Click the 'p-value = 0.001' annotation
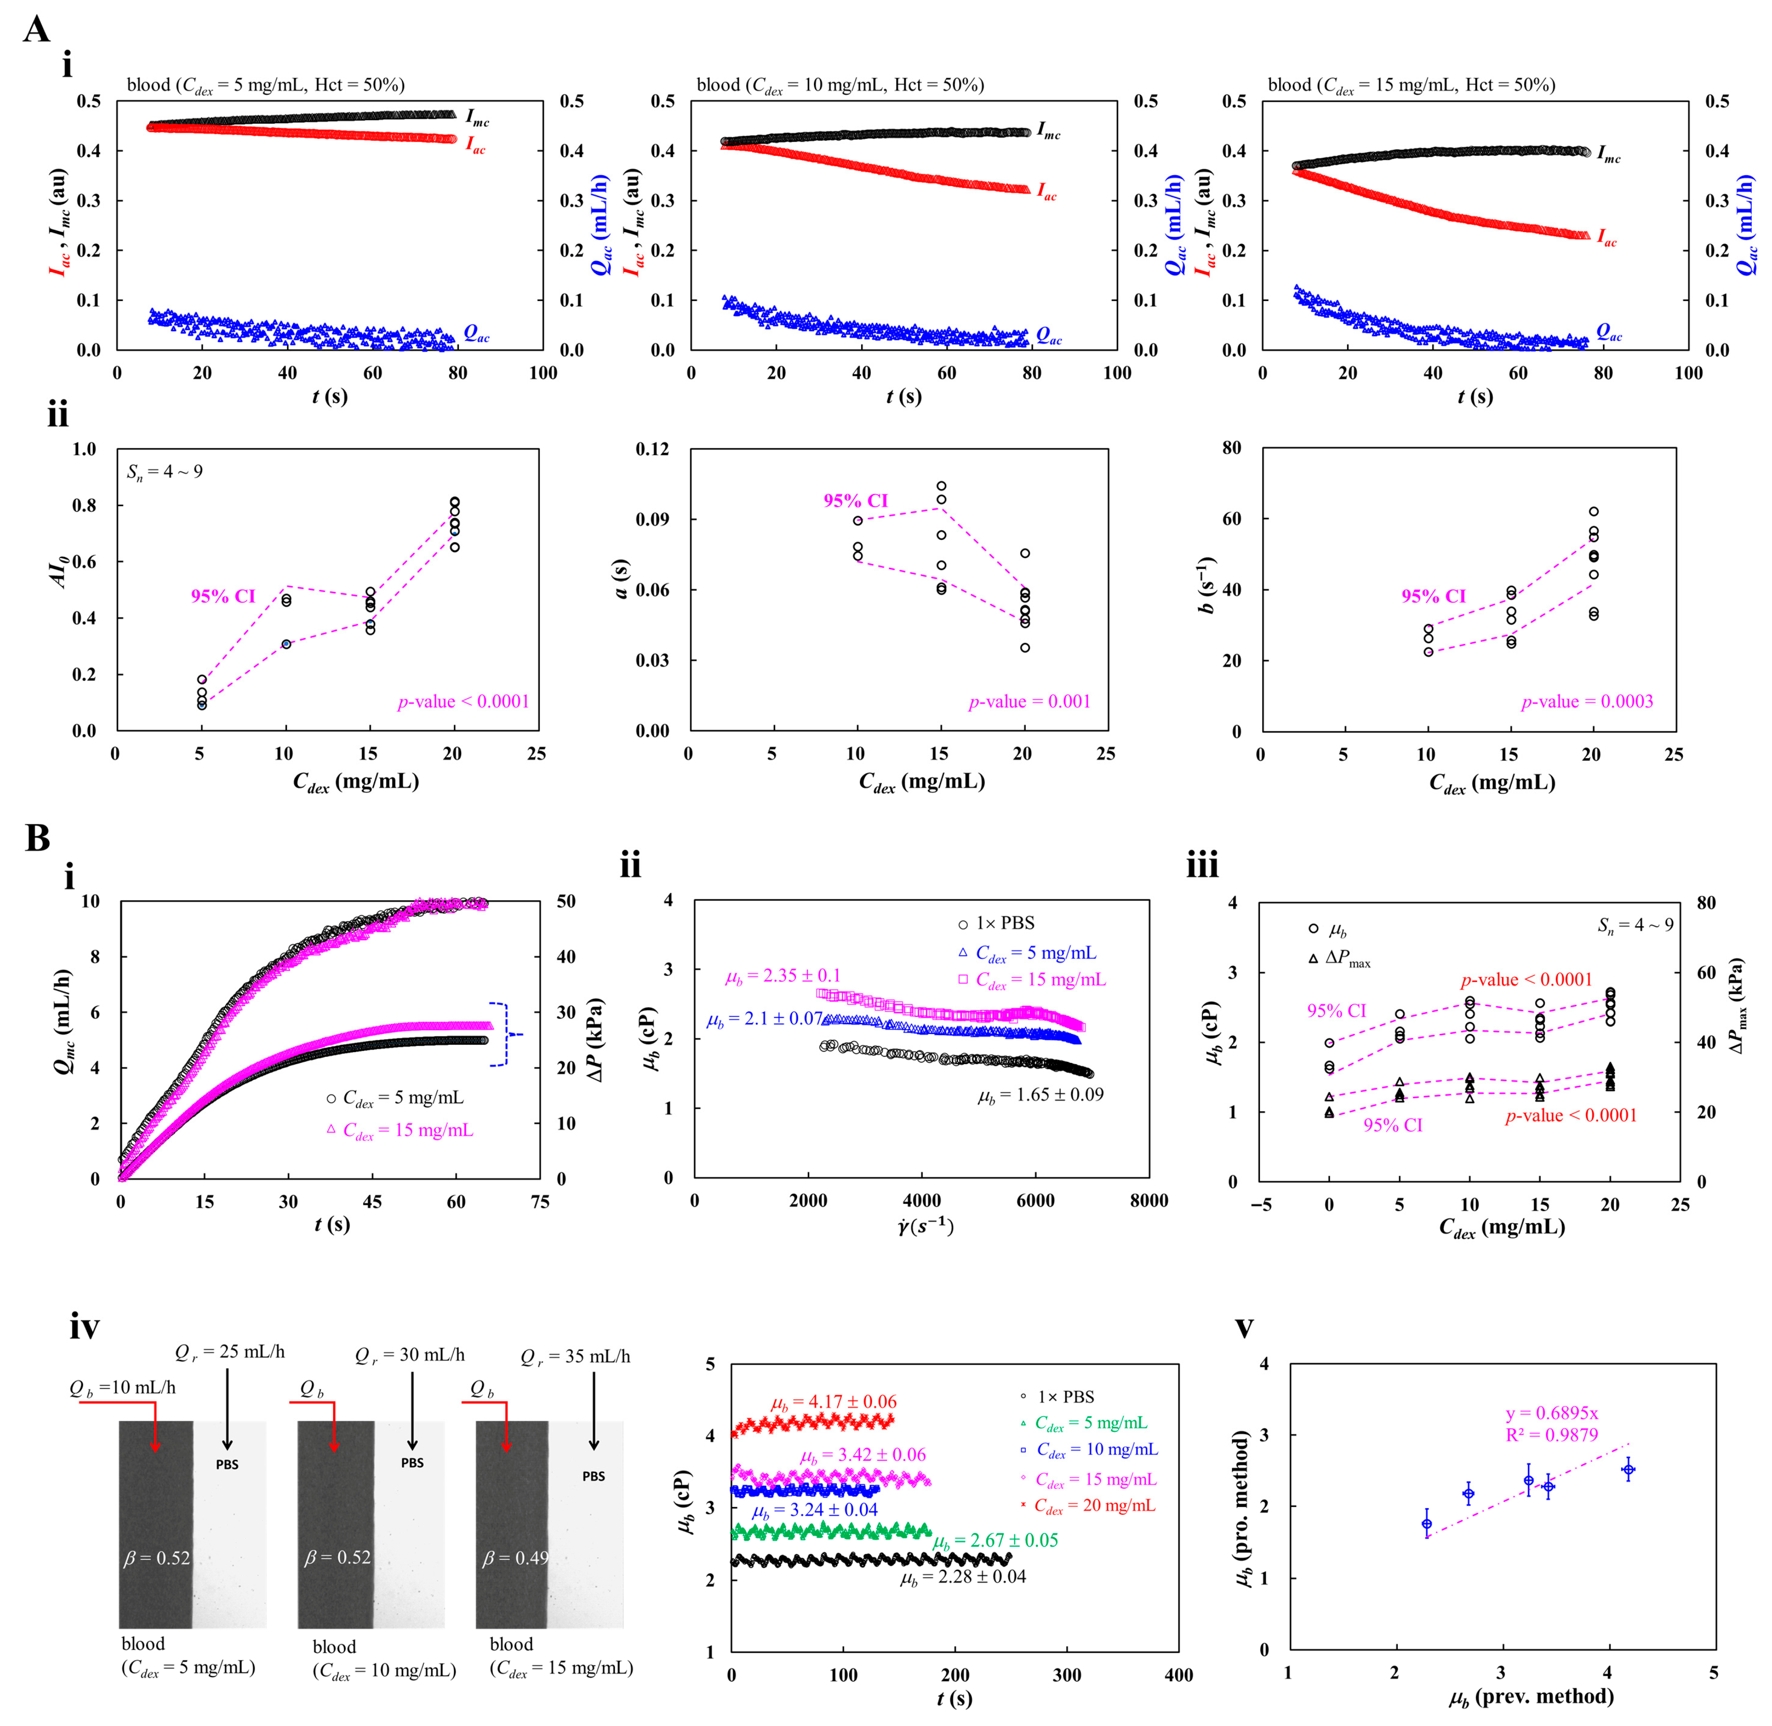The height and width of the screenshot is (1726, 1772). [1029, 702]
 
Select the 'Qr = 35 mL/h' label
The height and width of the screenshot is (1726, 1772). [575, 1357]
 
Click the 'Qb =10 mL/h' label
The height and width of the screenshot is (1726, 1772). [122, 1388]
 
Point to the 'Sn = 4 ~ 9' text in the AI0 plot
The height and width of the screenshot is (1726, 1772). [164, 471]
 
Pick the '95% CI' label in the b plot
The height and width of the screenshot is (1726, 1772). [1433, 596]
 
